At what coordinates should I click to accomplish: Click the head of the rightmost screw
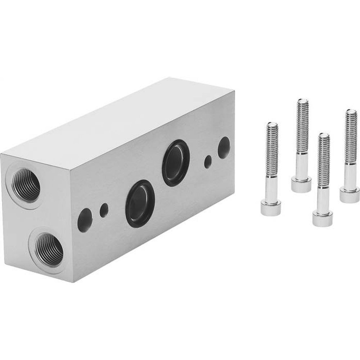[x=349, y=195]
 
